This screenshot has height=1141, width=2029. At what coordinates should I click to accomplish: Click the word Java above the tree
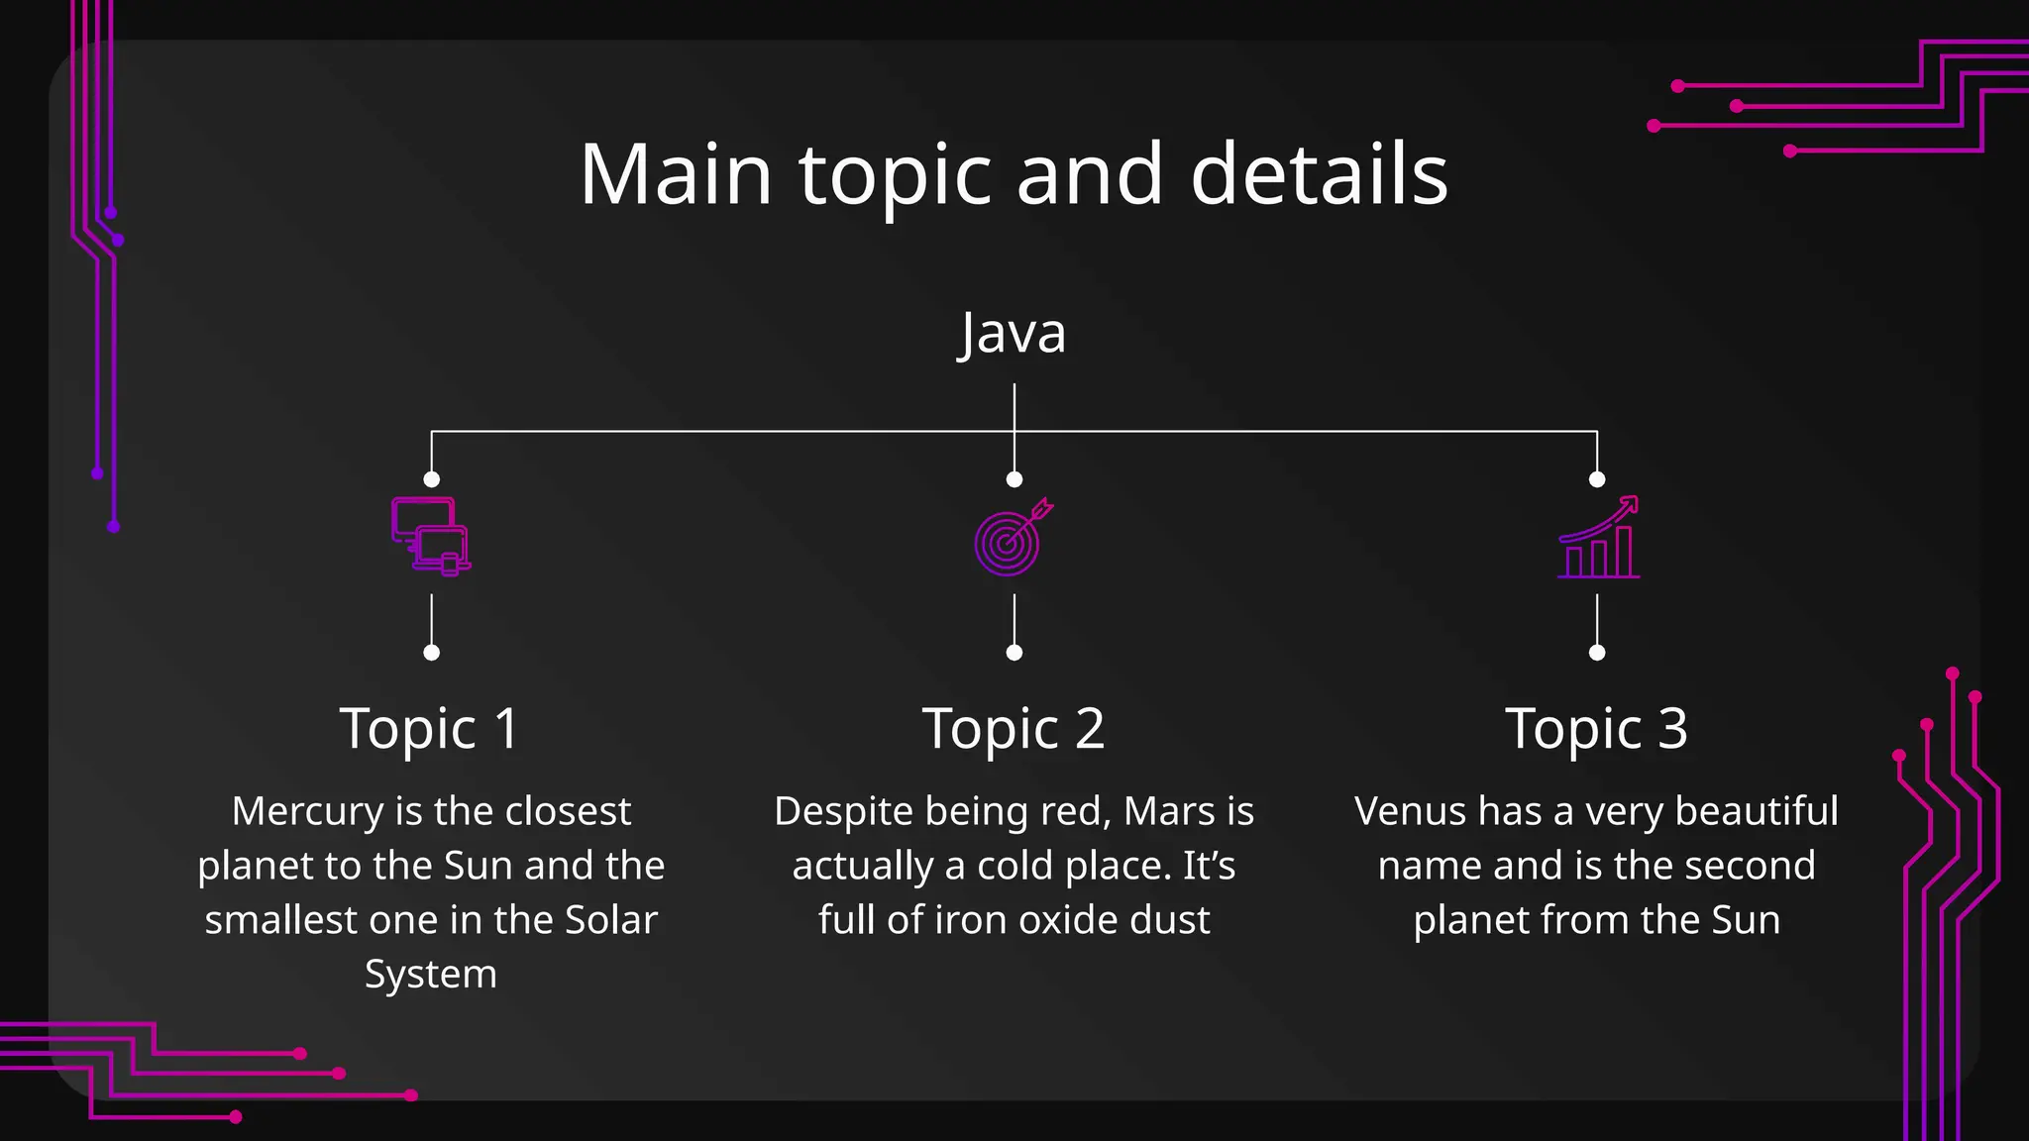pyautogui.click(x=1013, y=334)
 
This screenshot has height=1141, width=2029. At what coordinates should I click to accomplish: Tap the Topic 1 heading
pyautogui.click(x=430, y=729)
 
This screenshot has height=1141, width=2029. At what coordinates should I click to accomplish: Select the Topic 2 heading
pyautogui.click(x=1014, y=729)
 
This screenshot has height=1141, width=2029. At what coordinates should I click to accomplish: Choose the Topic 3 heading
pyautogui.click(x=1596, y=729)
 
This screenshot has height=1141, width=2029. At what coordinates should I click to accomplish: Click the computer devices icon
pyautogui.click(x=431, y=536)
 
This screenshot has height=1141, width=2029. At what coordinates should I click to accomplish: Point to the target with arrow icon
pyautogui.click(x=1012, y=537)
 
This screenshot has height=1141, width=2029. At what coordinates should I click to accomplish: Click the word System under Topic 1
pyautogui.click(x=431, y=975)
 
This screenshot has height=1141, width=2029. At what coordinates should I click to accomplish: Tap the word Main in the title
pyautogui.click(x=676, y=174)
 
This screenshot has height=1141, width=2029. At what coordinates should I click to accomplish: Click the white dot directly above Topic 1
pyautogui.click(x=431, y=653)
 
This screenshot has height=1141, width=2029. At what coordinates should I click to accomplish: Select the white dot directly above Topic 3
pyautogui.click(x=1597, y=653)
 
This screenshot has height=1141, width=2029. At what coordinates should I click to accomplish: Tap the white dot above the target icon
pyautogui.click(x=1014, y=479)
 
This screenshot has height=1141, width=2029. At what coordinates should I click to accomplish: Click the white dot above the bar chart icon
pyautogui.click(x=1597, y=479)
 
